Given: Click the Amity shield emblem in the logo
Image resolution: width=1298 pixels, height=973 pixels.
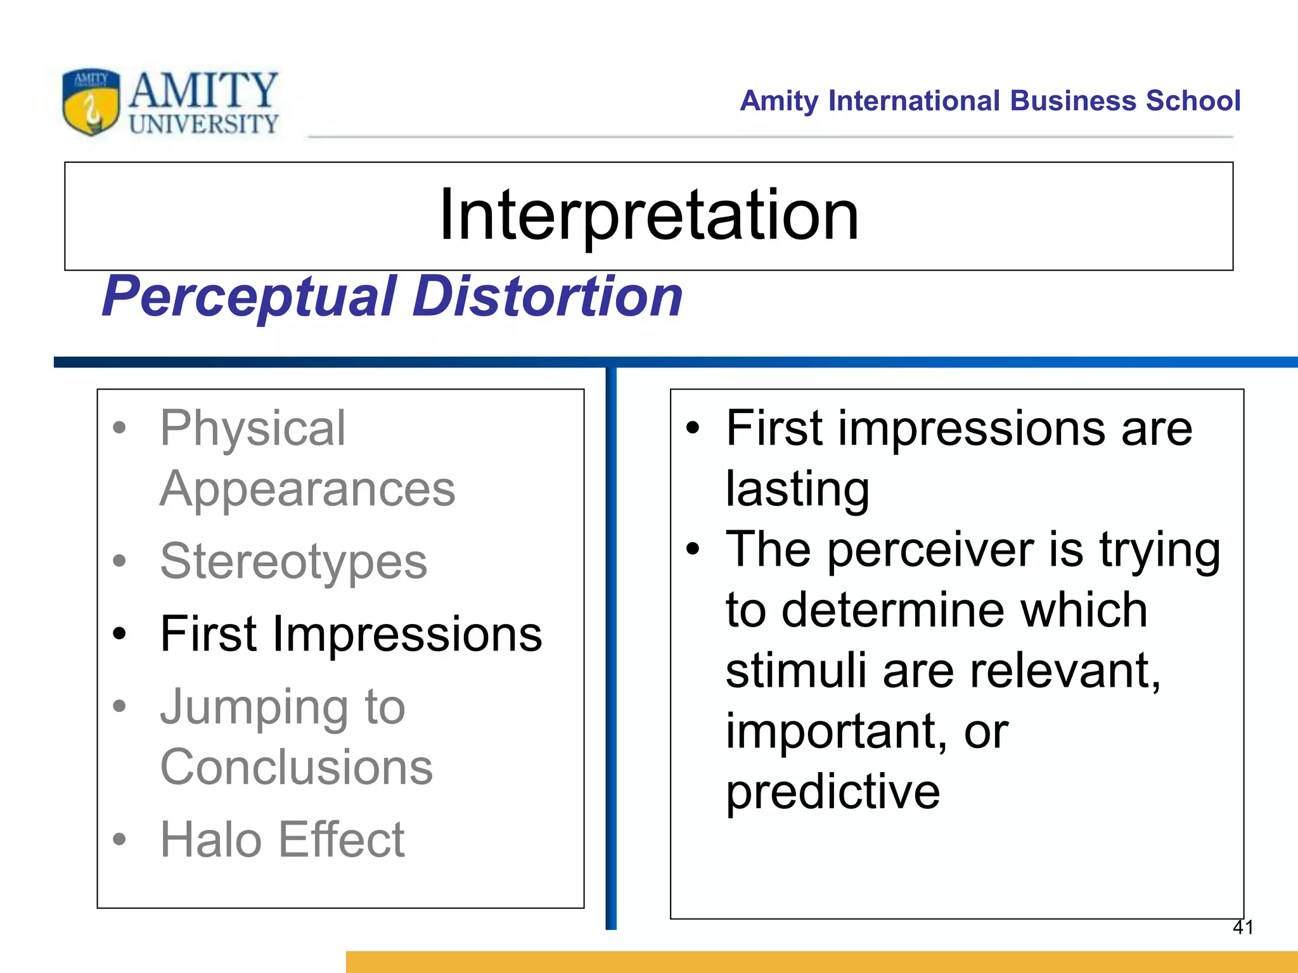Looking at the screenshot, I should click(91, 102).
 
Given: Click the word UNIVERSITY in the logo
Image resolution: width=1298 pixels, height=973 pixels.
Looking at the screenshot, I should click(203, 124).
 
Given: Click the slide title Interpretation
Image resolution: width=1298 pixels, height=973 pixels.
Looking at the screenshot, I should click(648, 215).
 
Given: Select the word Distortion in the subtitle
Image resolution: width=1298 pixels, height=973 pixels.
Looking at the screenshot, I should click(548, 296).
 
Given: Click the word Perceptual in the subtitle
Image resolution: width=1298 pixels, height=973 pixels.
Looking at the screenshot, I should click(250, 296).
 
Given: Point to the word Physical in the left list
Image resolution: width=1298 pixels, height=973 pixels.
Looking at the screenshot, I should click(253, 428).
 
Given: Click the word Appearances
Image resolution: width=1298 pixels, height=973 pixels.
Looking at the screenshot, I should click(307, 489).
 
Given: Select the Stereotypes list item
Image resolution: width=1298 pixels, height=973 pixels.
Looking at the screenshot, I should click(293, 561).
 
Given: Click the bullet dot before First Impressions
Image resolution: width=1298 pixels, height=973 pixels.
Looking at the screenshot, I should click(119, 633).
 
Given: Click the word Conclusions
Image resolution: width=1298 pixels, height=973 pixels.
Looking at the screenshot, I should click(296, 767).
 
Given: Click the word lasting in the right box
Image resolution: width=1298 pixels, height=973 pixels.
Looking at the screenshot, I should click(797, 489).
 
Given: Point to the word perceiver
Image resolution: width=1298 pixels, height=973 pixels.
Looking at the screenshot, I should click(930, 549).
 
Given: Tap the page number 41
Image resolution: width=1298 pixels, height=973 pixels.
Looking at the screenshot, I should click(1243, 927).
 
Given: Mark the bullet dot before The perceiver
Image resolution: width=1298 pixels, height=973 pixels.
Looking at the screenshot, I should click(693, 549).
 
